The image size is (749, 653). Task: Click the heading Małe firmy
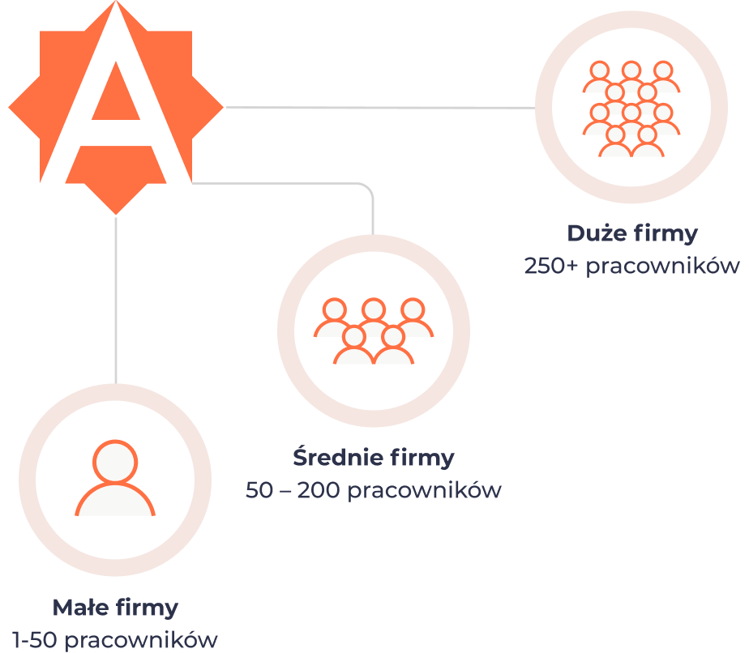(115, 607)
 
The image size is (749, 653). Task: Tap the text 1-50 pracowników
(115, 639)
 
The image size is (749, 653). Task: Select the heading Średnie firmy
(374, 457)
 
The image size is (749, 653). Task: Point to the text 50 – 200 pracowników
(374, 489)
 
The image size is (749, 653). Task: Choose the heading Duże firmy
(632, 233)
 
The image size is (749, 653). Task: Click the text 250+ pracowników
(632, 266)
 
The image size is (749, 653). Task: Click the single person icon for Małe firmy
(115, 480)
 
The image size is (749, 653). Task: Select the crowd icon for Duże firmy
(631, 108)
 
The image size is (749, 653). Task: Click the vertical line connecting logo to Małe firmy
(116, 300)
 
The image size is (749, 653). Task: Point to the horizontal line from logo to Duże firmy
(381, 107)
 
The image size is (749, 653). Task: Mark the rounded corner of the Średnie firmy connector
(368, 189)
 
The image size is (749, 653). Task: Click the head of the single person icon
(115, 463)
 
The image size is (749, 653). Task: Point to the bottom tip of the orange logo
(116, 212)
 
